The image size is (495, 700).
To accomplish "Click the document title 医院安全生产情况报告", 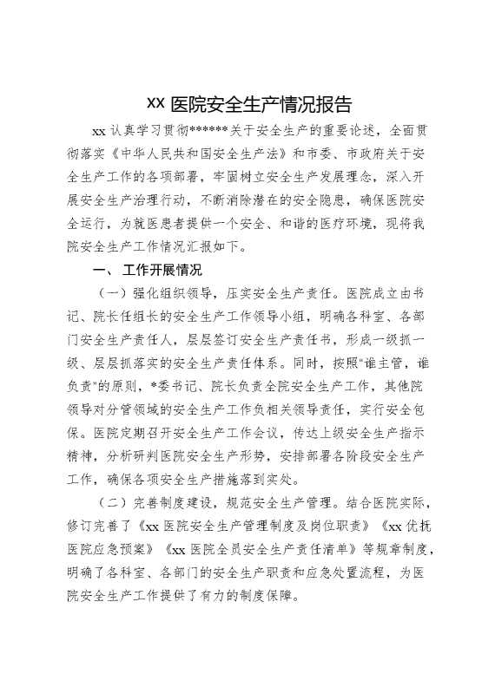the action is (x=247, y=105).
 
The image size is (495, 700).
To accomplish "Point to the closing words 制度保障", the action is (x=269, y=596).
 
